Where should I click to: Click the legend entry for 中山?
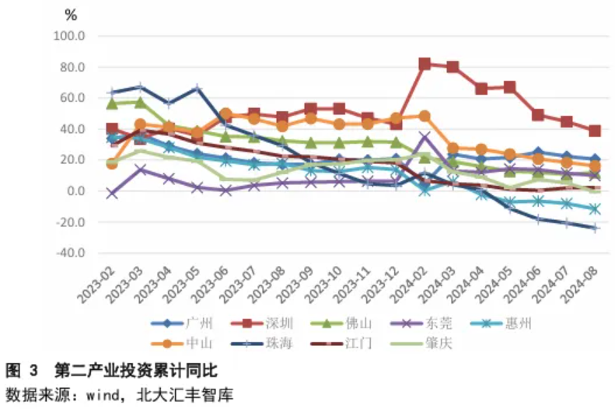[x=195, y=343]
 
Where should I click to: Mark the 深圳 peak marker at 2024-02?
[x=425, y=64]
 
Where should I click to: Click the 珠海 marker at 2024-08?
[x=596, y=228]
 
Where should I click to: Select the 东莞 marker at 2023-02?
[x=112, y=193]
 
